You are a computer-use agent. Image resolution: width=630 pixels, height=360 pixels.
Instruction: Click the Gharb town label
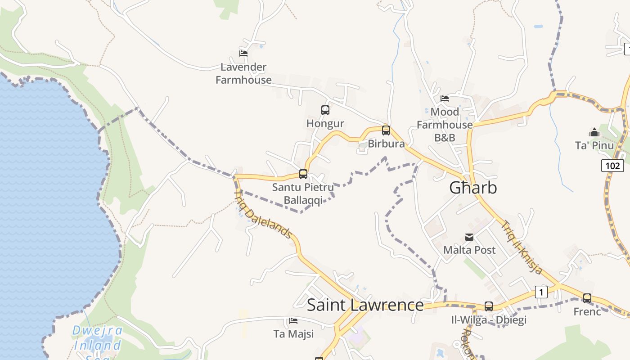473,188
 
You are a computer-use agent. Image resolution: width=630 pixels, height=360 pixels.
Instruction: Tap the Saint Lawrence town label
365,305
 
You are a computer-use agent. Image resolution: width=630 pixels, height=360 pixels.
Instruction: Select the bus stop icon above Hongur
325,110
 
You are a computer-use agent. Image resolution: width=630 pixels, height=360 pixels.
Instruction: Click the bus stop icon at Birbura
386,130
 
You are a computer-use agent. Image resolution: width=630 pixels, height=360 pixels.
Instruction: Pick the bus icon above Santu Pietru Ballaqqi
303,174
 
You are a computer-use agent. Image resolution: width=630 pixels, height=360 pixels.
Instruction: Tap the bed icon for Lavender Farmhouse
243,53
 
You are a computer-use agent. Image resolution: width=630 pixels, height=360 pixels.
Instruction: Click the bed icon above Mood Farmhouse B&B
445,98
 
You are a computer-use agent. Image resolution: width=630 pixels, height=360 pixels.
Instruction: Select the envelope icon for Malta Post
469,237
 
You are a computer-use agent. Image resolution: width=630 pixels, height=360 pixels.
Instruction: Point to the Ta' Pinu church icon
594,132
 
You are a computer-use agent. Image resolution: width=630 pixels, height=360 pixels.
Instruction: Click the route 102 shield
612,166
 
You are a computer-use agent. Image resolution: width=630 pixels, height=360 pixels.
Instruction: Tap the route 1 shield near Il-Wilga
541,292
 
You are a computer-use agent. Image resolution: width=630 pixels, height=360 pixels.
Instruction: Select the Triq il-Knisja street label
523,247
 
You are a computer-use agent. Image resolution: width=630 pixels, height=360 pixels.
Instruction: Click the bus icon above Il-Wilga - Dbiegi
489,306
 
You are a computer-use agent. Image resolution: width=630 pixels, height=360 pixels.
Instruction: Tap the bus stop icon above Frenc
587,298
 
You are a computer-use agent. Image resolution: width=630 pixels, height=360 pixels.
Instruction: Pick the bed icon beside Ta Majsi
293,321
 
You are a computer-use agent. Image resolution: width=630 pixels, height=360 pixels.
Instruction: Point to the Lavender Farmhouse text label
243,73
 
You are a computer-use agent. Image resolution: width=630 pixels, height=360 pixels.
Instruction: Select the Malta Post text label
469,250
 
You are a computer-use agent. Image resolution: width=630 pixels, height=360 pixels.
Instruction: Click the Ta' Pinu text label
594,145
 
